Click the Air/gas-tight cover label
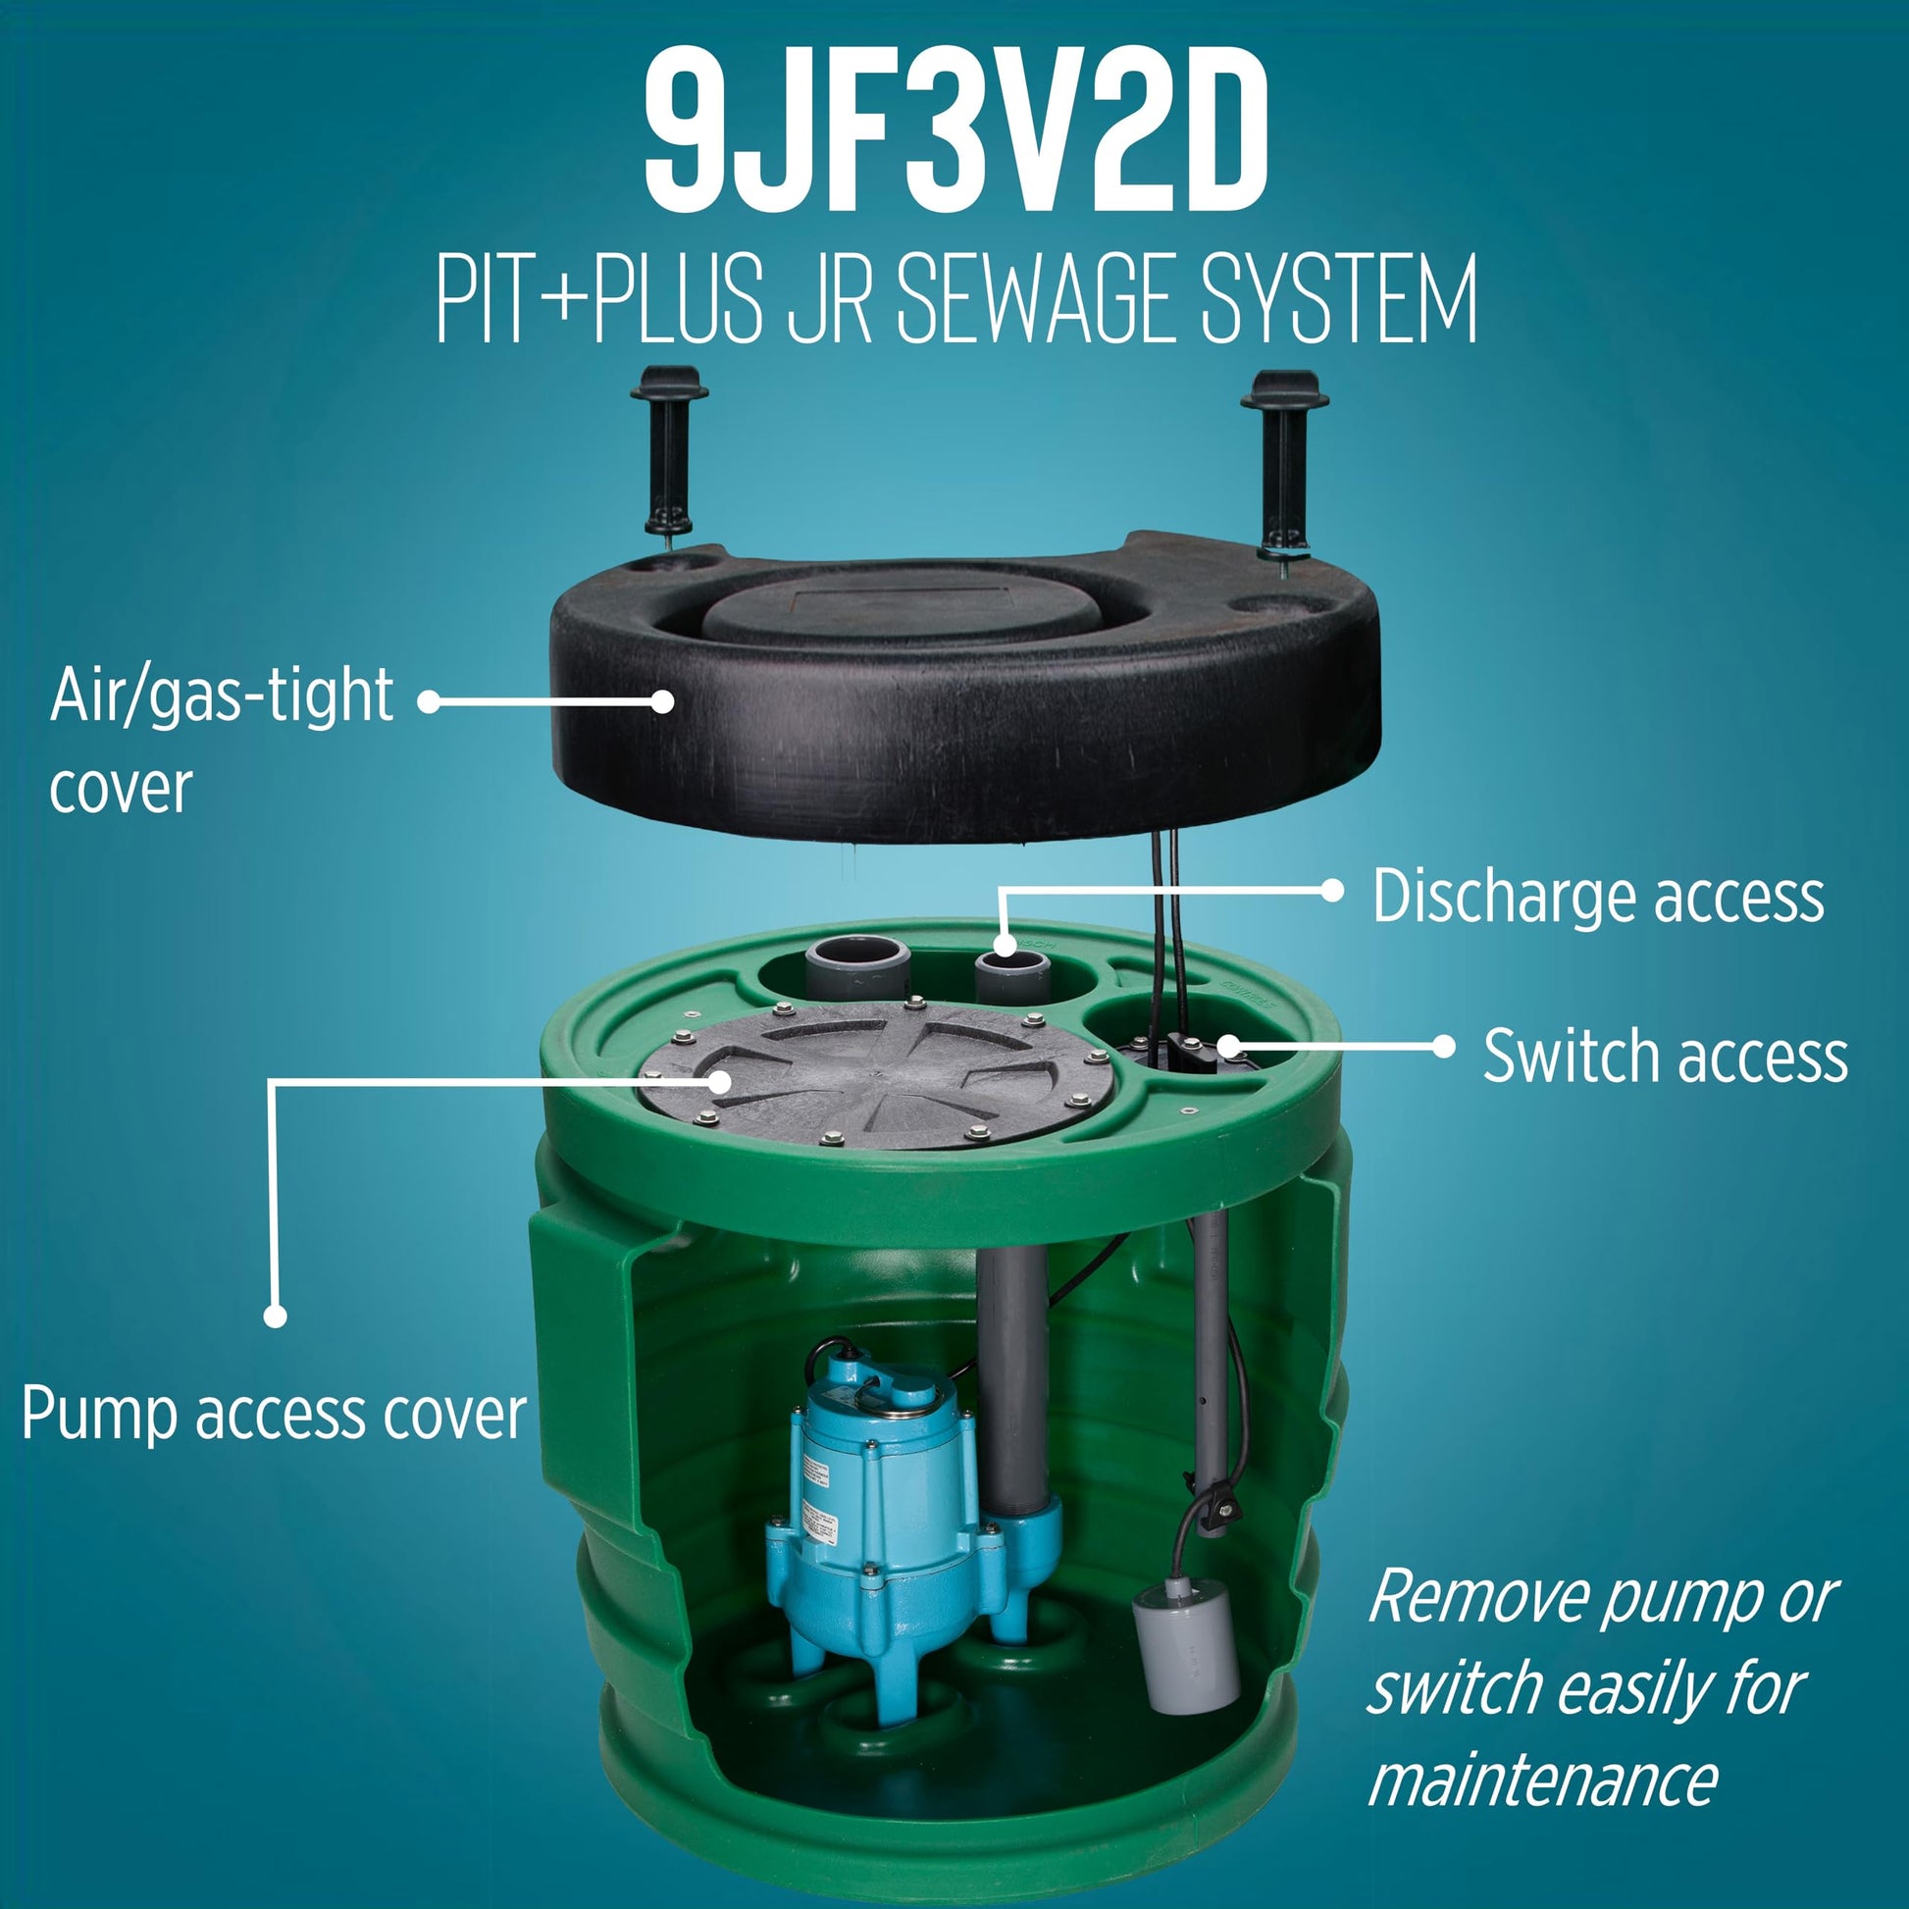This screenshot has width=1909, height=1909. pos(222,740)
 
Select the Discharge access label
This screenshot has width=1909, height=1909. pos(1598,898)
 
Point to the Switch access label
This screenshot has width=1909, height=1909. pos(1665,1057)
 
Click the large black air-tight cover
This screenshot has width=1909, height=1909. pos(963,692)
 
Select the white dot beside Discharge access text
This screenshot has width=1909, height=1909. pos(1333,891)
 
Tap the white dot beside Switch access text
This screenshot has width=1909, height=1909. pos(1444,1046)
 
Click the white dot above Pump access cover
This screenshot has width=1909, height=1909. pos(276,1316)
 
